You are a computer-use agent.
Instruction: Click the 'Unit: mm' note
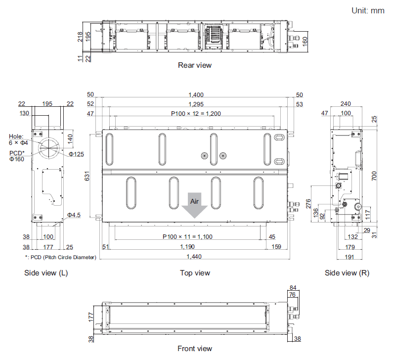tap(368, 10)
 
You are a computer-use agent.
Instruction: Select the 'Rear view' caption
tap(195, 65)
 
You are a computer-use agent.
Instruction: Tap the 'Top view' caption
tap(195, 273)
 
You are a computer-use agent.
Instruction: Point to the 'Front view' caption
tap(195, 349)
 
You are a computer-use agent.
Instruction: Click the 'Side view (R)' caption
tap(347, 273)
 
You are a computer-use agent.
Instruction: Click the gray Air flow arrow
tap(195, 205)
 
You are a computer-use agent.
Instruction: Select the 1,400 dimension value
tap(195, 94)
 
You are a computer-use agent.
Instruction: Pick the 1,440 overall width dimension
tap(195, 256)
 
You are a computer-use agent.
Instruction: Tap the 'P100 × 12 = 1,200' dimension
tap(195, 113)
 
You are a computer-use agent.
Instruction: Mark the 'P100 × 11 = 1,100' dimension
tap(188, 237)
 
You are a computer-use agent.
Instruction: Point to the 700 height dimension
tap(374, 175)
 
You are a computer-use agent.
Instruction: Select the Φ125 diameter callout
tap(76, 154)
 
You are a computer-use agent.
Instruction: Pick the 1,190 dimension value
tap(188, 246)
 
